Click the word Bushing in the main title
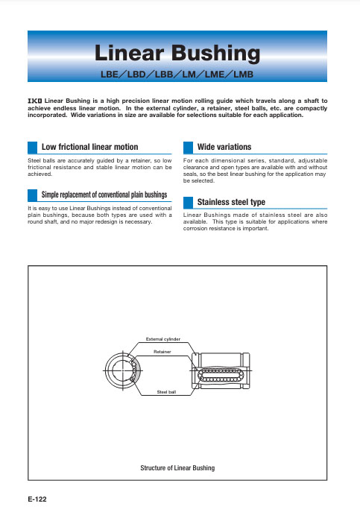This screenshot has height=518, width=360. coord(215,53)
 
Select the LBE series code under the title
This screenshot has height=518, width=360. coord(110,75)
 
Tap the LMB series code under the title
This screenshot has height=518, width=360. coord(244,75)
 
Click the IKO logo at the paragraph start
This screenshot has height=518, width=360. coord(35,101)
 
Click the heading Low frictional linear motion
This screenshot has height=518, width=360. coord(90,147)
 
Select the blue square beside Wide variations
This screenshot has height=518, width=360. coord(188,148)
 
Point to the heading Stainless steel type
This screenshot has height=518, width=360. coord(231,202)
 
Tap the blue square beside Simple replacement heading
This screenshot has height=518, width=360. coord(32,195)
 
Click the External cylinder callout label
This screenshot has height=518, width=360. coord(163,339)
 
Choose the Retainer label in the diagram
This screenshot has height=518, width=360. coord(162,352)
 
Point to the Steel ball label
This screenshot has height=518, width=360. coord(166,392)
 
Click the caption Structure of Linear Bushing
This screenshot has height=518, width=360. coord(177,468)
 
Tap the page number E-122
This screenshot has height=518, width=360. coord(37,499)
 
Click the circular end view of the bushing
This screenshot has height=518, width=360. coord(106,370)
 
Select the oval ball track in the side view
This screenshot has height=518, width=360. coord(198,375)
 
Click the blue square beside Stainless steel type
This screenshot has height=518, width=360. coord(188,203)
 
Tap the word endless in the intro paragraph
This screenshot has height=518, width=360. coord(65,108)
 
